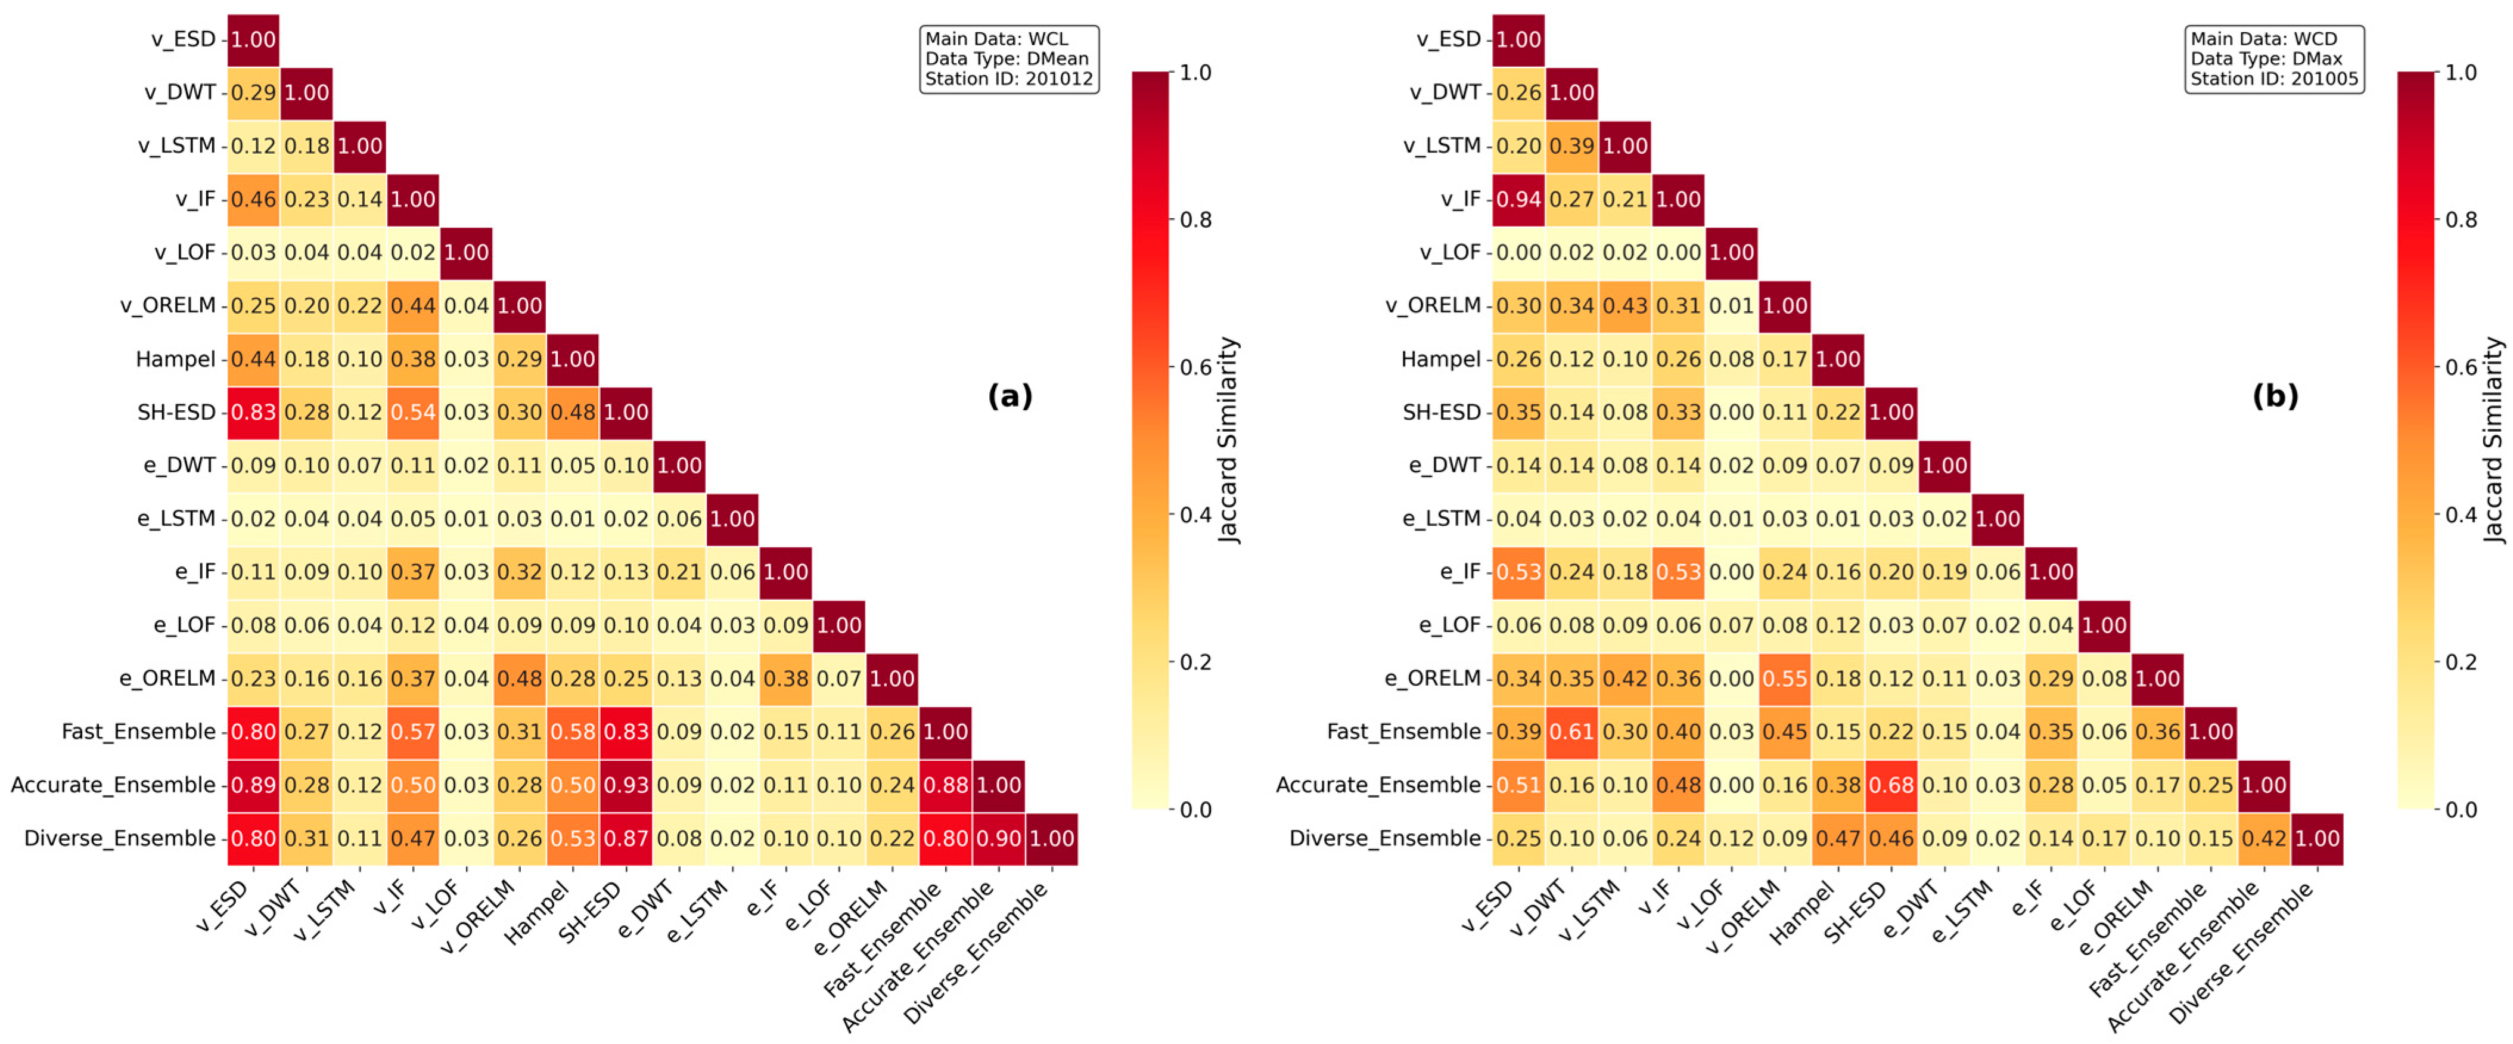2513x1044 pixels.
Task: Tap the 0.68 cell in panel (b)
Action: pos(1891,785)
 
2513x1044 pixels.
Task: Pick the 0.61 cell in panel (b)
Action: pos(1571,732)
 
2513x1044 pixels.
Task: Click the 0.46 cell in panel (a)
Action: pos(254,199)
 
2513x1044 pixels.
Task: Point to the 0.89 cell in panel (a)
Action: pos(254,785)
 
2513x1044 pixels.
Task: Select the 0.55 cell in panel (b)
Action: pos(1785,678)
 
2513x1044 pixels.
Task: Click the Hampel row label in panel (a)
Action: pos(176,359)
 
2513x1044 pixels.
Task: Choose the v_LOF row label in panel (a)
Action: pos(184,253)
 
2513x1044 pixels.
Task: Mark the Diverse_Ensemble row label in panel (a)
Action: pos(120,838)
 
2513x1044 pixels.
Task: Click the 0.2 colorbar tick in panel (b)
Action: pos(2461,662)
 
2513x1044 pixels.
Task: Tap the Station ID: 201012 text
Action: pos(1009,79)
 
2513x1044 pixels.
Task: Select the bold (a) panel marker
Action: pos(1009,395)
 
